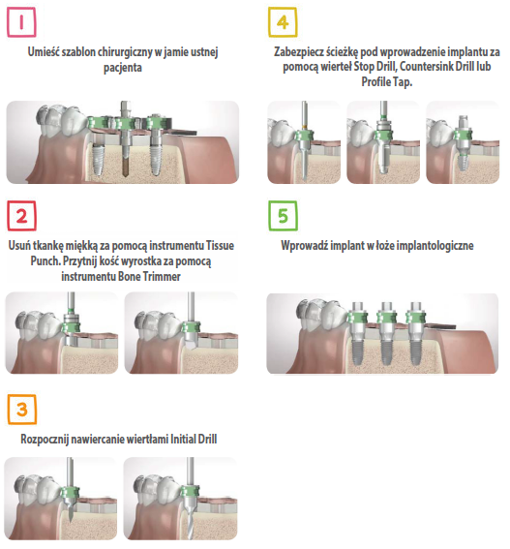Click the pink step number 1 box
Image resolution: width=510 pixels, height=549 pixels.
pos(21,22)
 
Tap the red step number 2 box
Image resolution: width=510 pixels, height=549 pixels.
pos(21,216)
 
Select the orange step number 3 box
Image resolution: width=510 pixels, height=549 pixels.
pos(21,410)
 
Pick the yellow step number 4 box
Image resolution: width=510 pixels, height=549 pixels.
pos(283,22)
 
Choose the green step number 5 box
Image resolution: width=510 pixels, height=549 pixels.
pos(283,216)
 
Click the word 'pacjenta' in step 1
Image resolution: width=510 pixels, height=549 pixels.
pos(123,68)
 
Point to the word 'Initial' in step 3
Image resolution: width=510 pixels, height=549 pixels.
pos(183,439)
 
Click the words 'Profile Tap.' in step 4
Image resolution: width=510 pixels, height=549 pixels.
pos(387,82)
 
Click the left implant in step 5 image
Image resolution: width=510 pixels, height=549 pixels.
pos(357,334)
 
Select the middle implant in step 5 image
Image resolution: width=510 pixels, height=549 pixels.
pos(386,334)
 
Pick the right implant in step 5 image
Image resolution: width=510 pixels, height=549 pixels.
pos(415,334)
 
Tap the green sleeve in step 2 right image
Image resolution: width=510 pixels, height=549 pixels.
pos(191,328)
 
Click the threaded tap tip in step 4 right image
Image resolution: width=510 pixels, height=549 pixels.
pos(463,162)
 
